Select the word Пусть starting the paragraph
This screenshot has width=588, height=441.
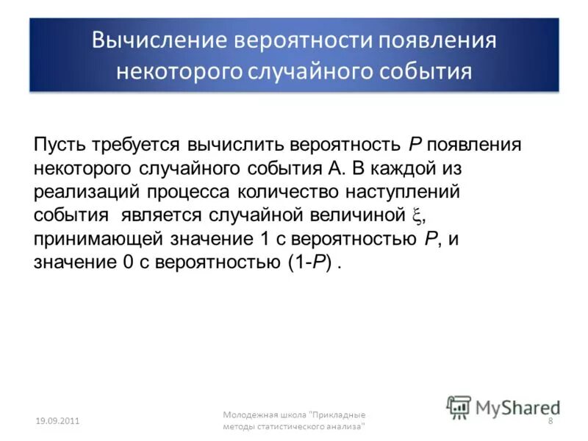[58, 143]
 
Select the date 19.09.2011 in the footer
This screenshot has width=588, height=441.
[58, 420]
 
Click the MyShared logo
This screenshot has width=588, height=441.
[503, 406]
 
